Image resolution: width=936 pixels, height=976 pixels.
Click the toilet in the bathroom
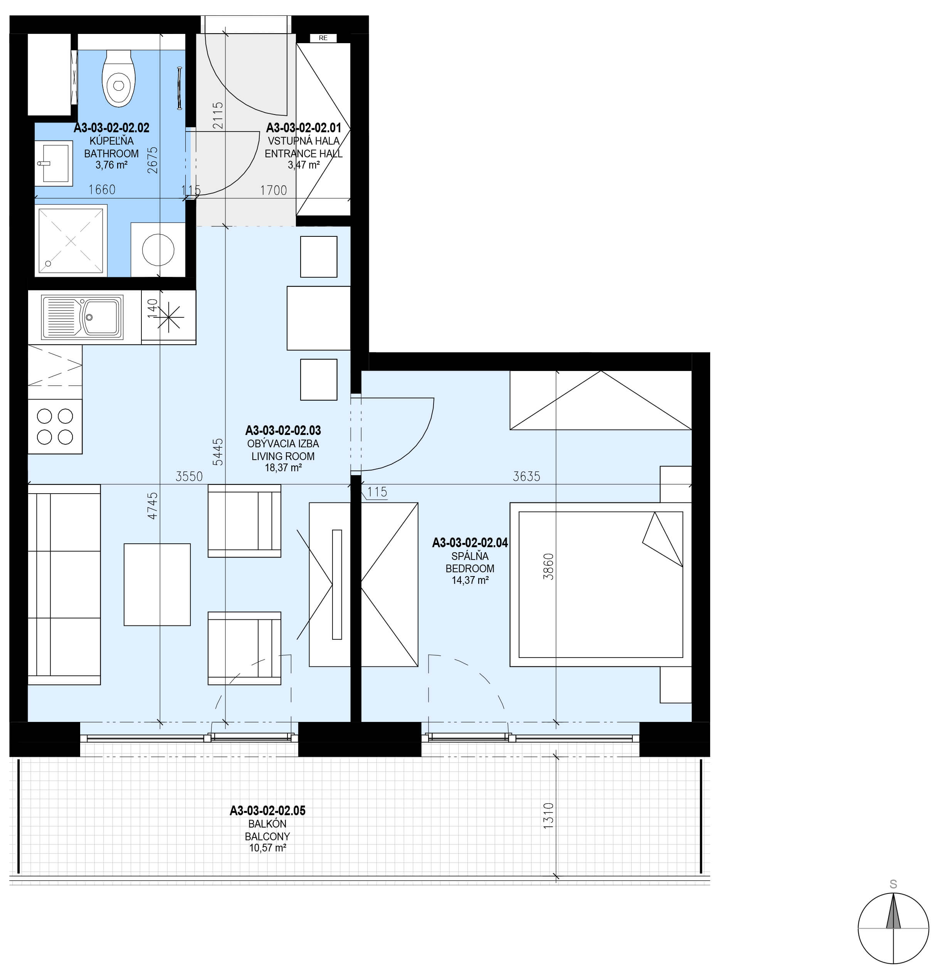118,78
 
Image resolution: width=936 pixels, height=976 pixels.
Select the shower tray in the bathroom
71,241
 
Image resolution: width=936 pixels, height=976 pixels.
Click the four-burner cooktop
55,426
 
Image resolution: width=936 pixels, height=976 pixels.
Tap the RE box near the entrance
323,38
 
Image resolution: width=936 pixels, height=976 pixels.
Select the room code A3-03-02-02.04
470,543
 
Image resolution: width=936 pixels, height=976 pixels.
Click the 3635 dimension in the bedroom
526,477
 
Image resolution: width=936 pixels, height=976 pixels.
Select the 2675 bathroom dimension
152,160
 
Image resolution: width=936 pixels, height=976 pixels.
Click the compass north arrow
893,911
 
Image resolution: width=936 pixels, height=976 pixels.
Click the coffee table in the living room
157,584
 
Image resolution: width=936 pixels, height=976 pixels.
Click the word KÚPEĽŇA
111,141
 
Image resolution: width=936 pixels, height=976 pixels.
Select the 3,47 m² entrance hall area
304,165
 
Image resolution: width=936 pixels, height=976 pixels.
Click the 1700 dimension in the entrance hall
274,190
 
